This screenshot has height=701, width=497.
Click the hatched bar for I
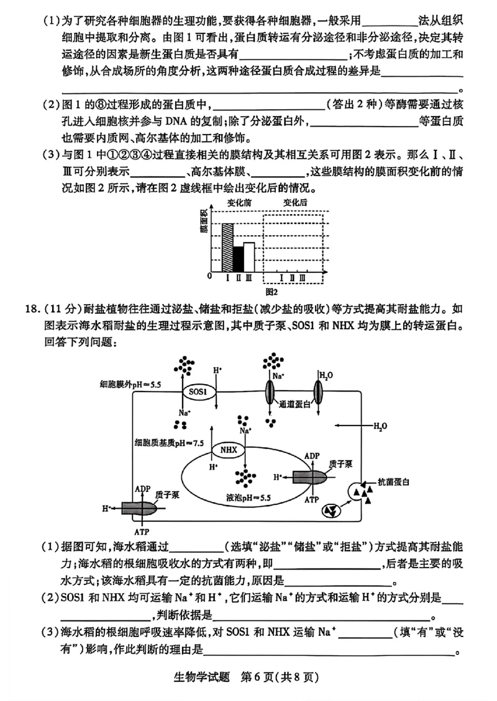[x=227, y=247]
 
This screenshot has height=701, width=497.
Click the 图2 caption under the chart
[x=270, y=291]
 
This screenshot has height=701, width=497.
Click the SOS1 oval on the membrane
[x=198, y=391]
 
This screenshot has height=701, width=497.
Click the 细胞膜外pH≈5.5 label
[x=130, y=385]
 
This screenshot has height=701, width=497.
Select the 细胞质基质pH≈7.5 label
[x=169, y=443]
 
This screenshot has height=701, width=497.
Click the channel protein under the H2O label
[x=317, y=393]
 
